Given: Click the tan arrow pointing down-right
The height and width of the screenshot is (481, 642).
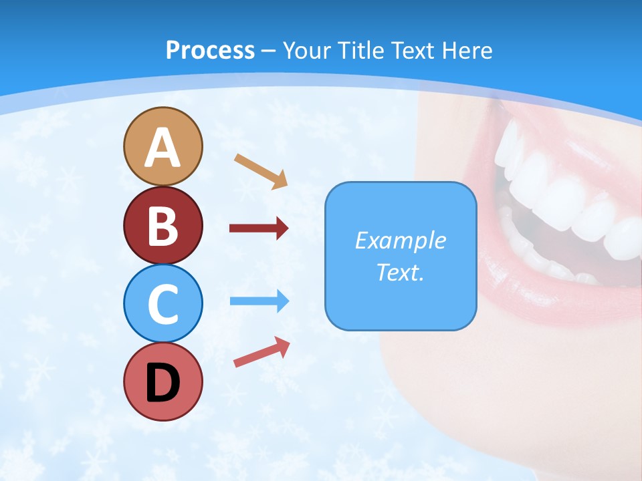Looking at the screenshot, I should click(261, 171).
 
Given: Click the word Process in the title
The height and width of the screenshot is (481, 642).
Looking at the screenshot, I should click(210, 50).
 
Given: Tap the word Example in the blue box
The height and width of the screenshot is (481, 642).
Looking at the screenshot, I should click(400, 240).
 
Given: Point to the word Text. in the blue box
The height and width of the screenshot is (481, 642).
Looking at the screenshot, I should click(400, 273).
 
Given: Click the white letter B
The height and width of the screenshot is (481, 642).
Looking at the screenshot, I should click(163, 226).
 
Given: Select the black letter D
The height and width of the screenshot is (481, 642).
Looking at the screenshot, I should click(163, 383).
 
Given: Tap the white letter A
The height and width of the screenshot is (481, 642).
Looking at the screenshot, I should click(163, 148).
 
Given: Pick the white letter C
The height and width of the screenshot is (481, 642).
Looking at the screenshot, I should click(163, 304).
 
